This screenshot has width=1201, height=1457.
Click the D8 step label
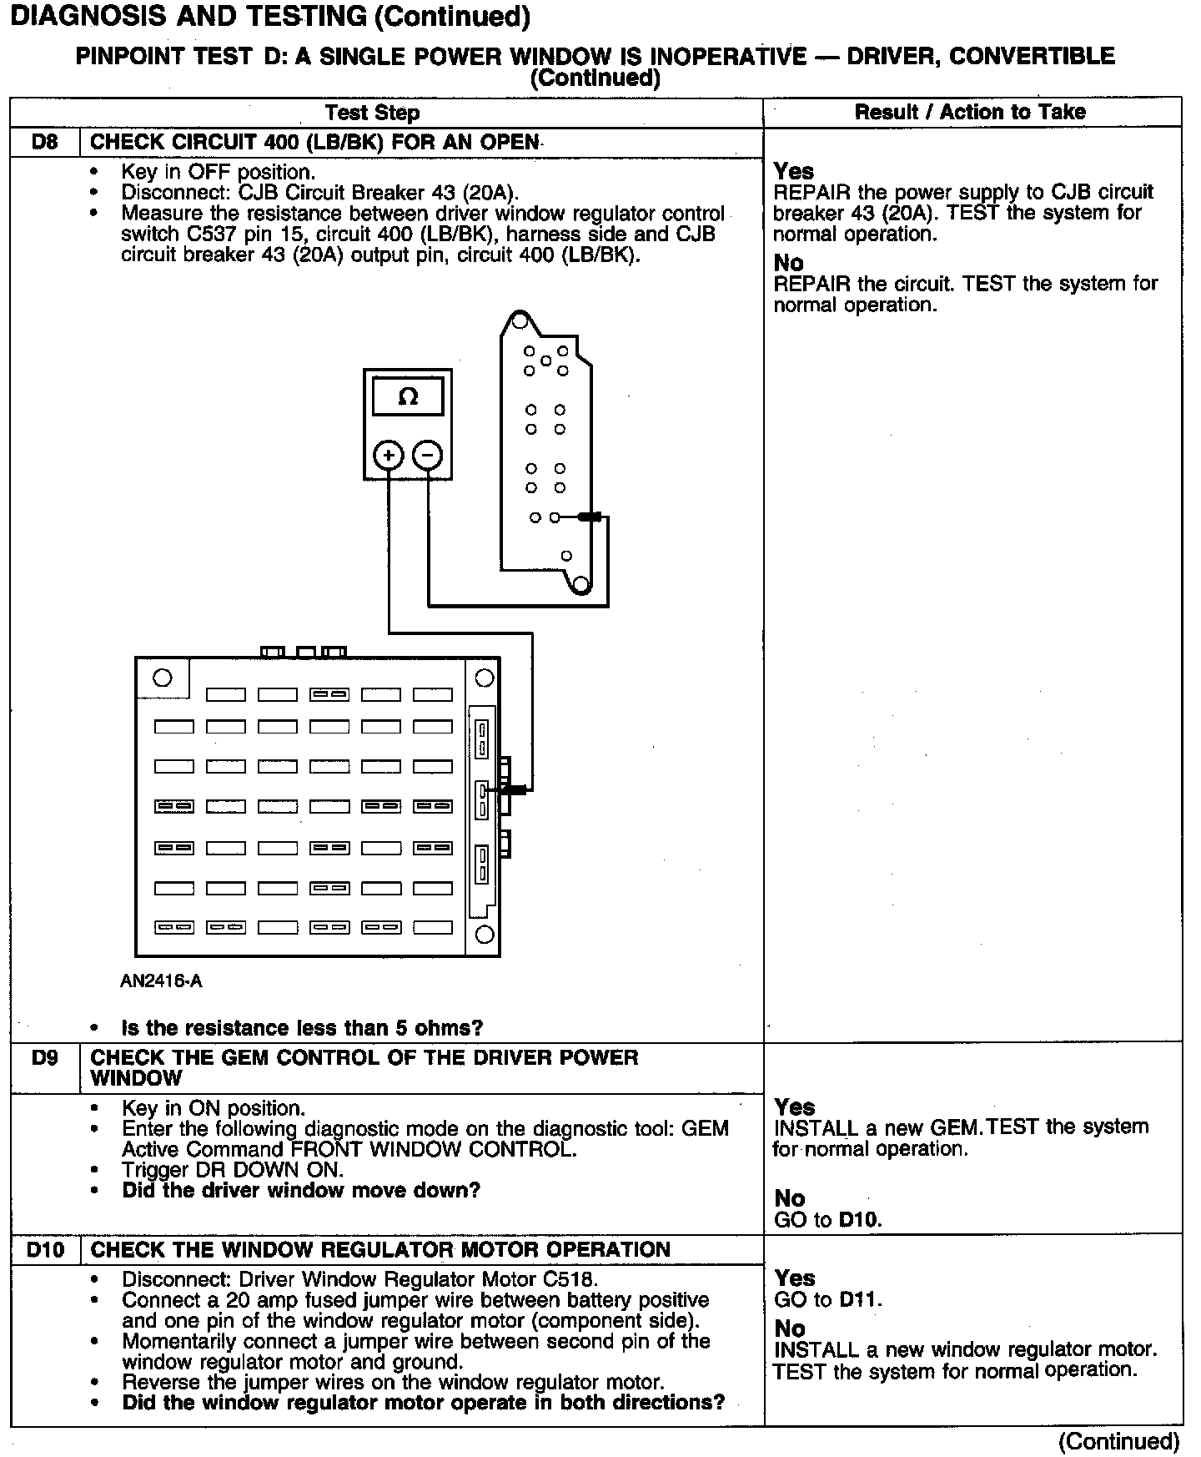(x=45, y=142)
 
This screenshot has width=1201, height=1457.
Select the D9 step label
(x=45, y=1058)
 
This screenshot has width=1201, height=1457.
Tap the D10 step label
(x=45, y=1249)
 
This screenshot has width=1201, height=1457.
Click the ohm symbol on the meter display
(x=408, y=397)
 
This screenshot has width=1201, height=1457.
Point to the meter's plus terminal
(x=389, y=456)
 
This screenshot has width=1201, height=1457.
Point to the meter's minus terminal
(x=428, y=456)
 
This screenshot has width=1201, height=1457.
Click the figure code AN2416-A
(x=161, y=981)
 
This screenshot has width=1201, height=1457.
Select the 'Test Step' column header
(x=372, y=113)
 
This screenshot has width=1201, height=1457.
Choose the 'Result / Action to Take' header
(x=970, y=112)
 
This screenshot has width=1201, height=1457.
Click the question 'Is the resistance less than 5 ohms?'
(x=302, y=1028)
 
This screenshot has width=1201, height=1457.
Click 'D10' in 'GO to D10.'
(x=859, y=1220)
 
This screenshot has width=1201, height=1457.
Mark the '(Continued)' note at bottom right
(x=1118, y=1441)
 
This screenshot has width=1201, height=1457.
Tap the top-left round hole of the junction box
(x=163, y=678)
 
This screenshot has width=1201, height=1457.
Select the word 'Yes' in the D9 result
(x=794, y=1107)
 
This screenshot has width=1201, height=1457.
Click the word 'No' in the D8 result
(x=788, y=263)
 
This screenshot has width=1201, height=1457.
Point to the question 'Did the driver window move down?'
(x=301, y=1190)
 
